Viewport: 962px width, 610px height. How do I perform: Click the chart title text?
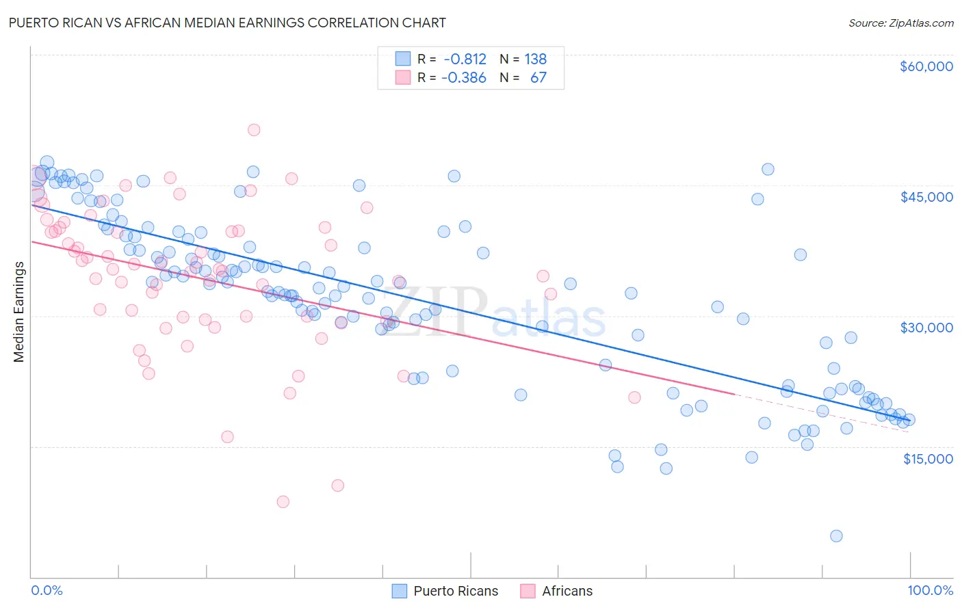pos(226,23)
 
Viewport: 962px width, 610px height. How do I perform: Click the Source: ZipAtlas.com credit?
pos(900,23)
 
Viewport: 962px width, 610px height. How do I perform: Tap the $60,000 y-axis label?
pos(926,66)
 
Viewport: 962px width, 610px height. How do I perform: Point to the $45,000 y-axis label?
pos(926,197)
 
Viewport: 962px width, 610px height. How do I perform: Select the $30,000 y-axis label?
pos(926,328)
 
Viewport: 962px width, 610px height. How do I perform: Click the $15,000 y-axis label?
pos(927,458)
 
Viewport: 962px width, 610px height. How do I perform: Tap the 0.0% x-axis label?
pos(47,590)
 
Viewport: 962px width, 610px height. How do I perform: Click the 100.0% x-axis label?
pos(930,590)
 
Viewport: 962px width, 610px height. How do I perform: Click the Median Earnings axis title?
pos(19,311)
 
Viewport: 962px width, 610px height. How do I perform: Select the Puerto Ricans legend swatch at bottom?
pos(399,591)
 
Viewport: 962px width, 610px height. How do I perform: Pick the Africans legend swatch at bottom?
pos(528,591)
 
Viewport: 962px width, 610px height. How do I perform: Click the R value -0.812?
pos(464,59)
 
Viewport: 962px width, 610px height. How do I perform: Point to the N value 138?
pos(535,59)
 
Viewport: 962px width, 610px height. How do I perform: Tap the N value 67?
pos(538,78)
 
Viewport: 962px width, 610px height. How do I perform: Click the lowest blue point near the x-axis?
pos(836,536)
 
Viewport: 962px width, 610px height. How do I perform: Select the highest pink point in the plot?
pos(254,130)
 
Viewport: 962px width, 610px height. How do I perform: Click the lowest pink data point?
pos(283,502)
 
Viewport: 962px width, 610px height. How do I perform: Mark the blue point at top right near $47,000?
pos(768,169)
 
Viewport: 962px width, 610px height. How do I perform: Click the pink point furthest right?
pos(634,397)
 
